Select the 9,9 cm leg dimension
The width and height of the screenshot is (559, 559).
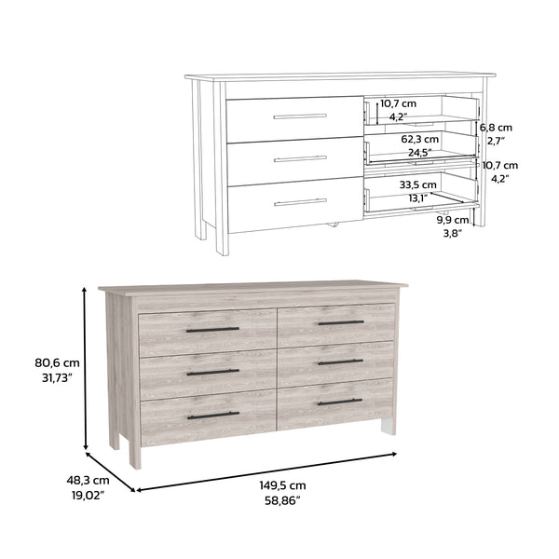pos(452,221)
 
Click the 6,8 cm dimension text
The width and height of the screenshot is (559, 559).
pos(496,127)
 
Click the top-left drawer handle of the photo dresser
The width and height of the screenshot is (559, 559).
pos(212,330)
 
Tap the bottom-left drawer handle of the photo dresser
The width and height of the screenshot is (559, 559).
pos(212,416)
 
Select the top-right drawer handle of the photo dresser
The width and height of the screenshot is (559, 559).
pos(340,322)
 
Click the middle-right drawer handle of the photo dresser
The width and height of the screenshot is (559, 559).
pos(340,361)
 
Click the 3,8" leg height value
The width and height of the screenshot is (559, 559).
pos(452,234)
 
